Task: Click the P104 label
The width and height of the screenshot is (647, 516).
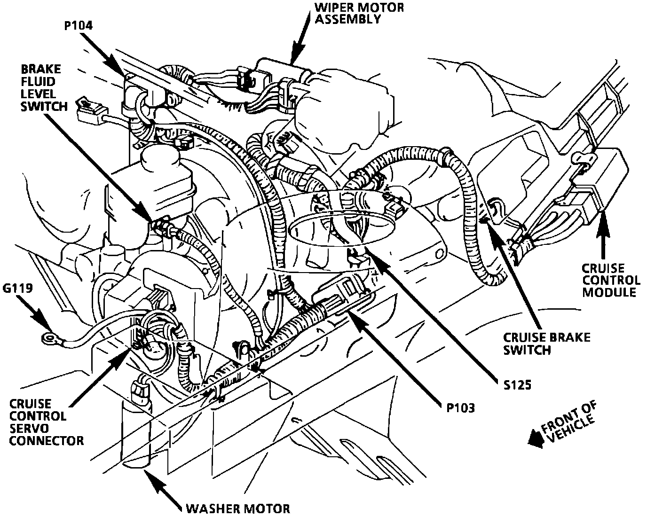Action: coord(78,25)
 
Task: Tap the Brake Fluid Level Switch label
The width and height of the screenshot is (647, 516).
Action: coord(41,88)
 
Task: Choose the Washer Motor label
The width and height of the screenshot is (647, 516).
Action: coord(237,508)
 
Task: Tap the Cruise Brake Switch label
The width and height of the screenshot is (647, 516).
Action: coord(546,344)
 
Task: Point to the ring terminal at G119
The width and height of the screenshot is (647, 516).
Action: coord(47,336)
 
